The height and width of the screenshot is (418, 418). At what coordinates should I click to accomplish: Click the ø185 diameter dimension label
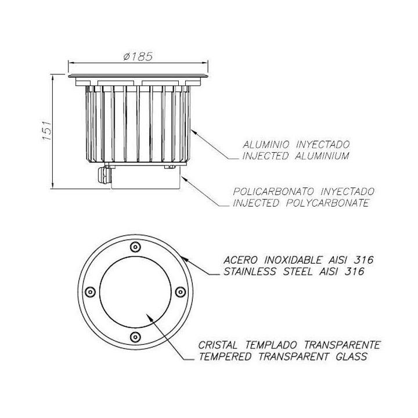click(138, 56)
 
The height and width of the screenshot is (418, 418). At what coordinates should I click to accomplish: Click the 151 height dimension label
click(47, 131)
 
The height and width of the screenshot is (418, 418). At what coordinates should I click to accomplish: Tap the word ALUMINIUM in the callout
click(322, 156)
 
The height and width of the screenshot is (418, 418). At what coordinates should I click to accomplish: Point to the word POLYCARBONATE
click(327, 203)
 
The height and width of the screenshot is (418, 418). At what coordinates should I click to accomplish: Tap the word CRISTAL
click(218, 345)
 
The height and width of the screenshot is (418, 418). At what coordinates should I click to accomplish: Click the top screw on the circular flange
click(135, 247)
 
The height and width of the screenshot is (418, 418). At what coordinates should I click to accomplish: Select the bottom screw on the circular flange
click(135, 337)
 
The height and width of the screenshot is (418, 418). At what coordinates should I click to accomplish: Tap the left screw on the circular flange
click(90, 291)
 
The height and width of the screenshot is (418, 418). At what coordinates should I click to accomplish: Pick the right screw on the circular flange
click(181, 291)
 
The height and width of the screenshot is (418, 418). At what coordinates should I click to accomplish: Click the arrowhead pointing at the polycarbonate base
click(184, 179)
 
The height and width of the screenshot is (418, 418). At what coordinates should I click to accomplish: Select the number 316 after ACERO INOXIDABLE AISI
click(364, 260)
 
